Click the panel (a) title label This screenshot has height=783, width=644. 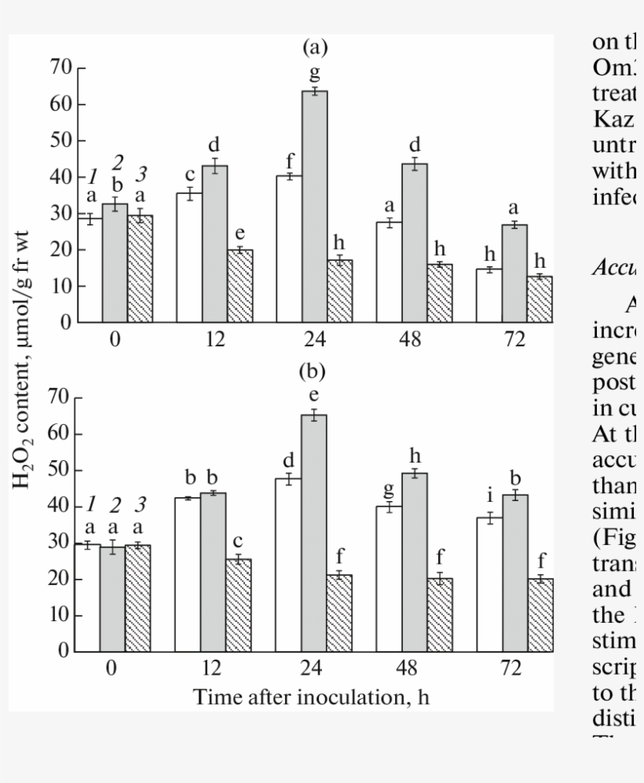pyautogui.click(x=315, y=49)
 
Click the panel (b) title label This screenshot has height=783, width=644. pyautogui.click(x=315, y=370)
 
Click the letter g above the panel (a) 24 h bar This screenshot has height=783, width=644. pyautogui.click(x=315, y=74)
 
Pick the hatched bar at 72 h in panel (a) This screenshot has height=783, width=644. pyautogui.click(x=540, y=299)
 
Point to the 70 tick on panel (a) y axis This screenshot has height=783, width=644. pyautogui.click(x=62, y=68)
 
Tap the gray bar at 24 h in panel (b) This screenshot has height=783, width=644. pyautogui.click(x=314, y=533)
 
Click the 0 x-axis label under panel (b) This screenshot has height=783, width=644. pyautogui.click(x=112, y=669)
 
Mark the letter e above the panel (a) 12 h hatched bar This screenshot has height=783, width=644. pyautogui.click(x=240, y=232)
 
